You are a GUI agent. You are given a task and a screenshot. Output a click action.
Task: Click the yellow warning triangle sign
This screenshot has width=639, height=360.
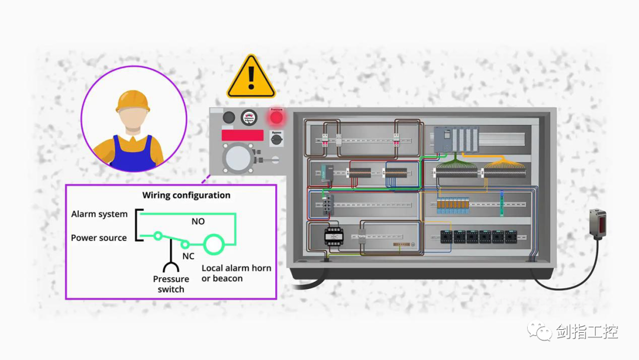[251, 79]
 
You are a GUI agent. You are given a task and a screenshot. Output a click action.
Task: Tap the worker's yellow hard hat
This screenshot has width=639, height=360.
[133, 101]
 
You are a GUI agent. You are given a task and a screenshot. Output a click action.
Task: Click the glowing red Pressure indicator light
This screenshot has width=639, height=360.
[276, 117]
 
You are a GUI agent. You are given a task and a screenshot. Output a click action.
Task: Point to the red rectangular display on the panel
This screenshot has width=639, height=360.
[243, 135]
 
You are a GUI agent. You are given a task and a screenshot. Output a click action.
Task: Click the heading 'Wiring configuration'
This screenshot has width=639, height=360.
[186, 195]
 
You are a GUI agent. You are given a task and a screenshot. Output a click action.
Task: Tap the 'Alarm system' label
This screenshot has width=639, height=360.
[99, 214]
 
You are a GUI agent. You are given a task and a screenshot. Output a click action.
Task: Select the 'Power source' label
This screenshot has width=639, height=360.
[99, 237]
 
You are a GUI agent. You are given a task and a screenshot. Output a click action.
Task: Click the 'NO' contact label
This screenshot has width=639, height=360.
[198, 221]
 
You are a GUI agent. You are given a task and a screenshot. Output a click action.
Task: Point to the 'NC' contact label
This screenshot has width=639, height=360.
[188, 256]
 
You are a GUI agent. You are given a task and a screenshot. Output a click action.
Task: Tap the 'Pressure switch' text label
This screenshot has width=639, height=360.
[171, 284]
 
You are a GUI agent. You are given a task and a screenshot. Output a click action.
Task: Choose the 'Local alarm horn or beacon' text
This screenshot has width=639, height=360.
[236, 273]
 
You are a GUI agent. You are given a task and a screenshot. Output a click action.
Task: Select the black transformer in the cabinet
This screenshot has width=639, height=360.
[334, 236]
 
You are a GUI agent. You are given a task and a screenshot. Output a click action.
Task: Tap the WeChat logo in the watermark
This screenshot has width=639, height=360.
[540, 332]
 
